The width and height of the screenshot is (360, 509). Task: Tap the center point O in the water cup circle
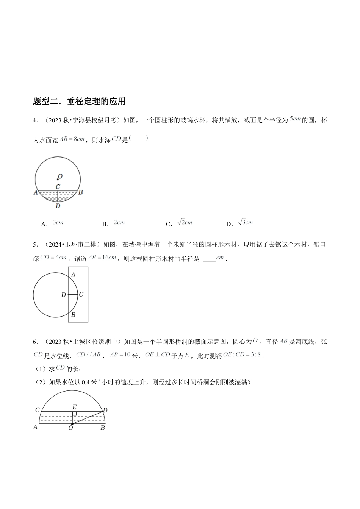(58, 179)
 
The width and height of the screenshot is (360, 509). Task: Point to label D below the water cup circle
(58, 206)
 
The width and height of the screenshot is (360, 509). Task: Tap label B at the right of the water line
(80, 192)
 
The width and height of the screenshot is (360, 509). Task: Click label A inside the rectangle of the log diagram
(73, 274)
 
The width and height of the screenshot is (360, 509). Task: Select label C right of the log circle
(81, 294)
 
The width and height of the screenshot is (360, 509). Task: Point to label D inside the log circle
(64, 295)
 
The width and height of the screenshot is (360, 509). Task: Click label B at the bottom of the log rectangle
(73, 314)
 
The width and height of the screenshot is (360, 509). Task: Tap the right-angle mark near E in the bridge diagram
(74, 414)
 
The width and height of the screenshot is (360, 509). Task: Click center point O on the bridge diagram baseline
(72, 424)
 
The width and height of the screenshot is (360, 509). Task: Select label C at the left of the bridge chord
(37, 410)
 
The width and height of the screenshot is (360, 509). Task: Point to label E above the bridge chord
(74, 407)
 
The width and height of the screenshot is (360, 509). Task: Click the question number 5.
(35, 245)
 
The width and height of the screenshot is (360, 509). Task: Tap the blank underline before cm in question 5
(209, 259)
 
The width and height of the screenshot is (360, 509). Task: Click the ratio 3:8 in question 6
(254, 355)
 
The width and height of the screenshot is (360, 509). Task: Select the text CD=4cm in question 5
(53, 258)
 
